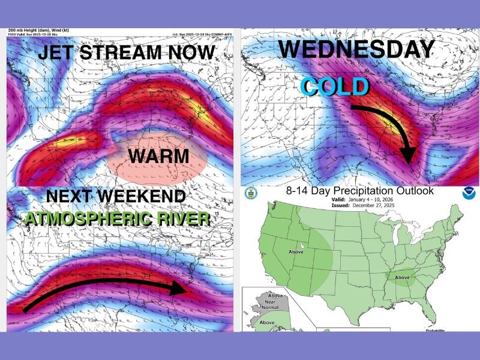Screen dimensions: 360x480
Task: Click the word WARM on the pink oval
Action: click(x=158, y=157)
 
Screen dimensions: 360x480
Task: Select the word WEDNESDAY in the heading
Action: click(x=356, y=49)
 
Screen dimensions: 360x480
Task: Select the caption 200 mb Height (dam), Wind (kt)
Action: click(x=38, y=30)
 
